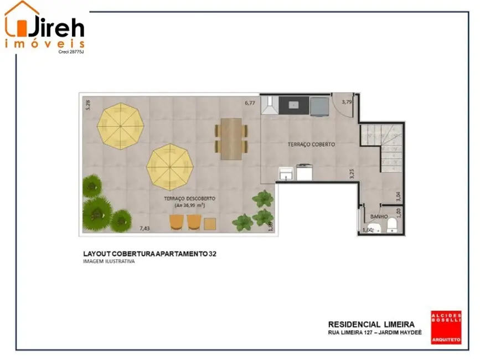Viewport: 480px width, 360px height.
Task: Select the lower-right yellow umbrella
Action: [x=171, y=166]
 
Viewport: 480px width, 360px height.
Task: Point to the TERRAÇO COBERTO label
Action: [x=311, y=144]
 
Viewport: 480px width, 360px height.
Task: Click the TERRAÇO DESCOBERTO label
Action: [x=189, y=198]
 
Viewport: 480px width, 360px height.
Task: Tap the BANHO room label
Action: [x=379, y=217]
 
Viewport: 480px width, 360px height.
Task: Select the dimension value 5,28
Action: [x=87, y=105]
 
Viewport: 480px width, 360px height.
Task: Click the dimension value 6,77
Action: [x=251, y=102]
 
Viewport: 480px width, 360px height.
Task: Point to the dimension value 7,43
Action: [x=144, y=228]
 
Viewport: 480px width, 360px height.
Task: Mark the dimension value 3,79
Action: [x=347, y=102]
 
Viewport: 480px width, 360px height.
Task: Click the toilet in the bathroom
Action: [x=392, y=224]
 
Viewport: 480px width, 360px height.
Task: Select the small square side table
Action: [x=210, y=224]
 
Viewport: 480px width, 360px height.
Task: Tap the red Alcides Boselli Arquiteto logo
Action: [x=446, y=328]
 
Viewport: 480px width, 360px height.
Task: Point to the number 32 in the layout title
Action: [x=213, y=254]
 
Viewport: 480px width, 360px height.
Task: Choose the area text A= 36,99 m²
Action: [x=190, y=205]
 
